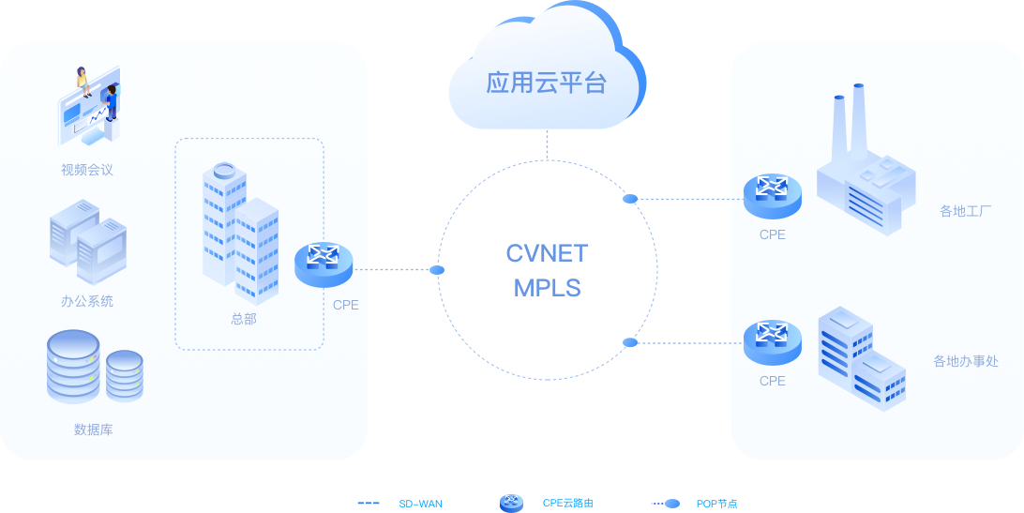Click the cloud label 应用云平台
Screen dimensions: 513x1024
[x=546, y=83]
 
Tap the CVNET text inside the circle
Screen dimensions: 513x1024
[x=547, y=254]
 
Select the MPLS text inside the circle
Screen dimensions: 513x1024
[x=547, y=288]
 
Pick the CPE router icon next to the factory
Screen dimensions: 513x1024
[x=772, y=193]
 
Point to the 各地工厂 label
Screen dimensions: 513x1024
[x=965, y=211]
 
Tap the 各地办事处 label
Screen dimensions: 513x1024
[x=965, y=361]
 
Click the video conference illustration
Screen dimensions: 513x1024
[x=89, y=105]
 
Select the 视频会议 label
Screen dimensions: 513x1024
[x=87, y=170]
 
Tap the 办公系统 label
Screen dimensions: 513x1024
[x=87, y=301]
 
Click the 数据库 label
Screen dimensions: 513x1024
[x=93, y=430]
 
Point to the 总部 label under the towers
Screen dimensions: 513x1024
[x=244, y=319]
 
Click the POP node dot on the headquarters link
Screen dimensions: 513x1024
[x=436, y=270]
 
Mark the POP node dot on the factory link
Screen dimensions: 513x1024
[x=631, y=199]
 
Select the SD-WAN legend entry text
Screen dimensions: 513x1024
[x=420, y=504]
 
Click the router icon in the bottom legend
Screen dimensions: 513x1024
[x=511, y=503]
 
